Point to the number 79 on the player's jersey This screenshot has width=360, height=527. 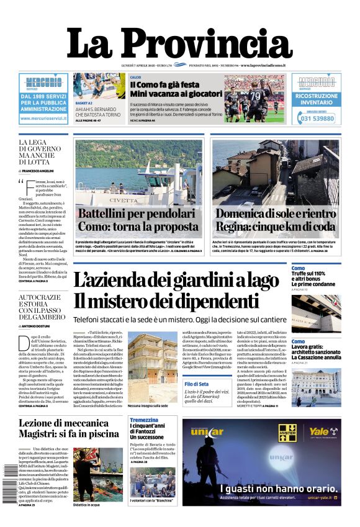tap(255, 95)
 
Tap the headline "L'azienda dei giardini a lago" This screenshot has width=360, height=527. tap(176, 280)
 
